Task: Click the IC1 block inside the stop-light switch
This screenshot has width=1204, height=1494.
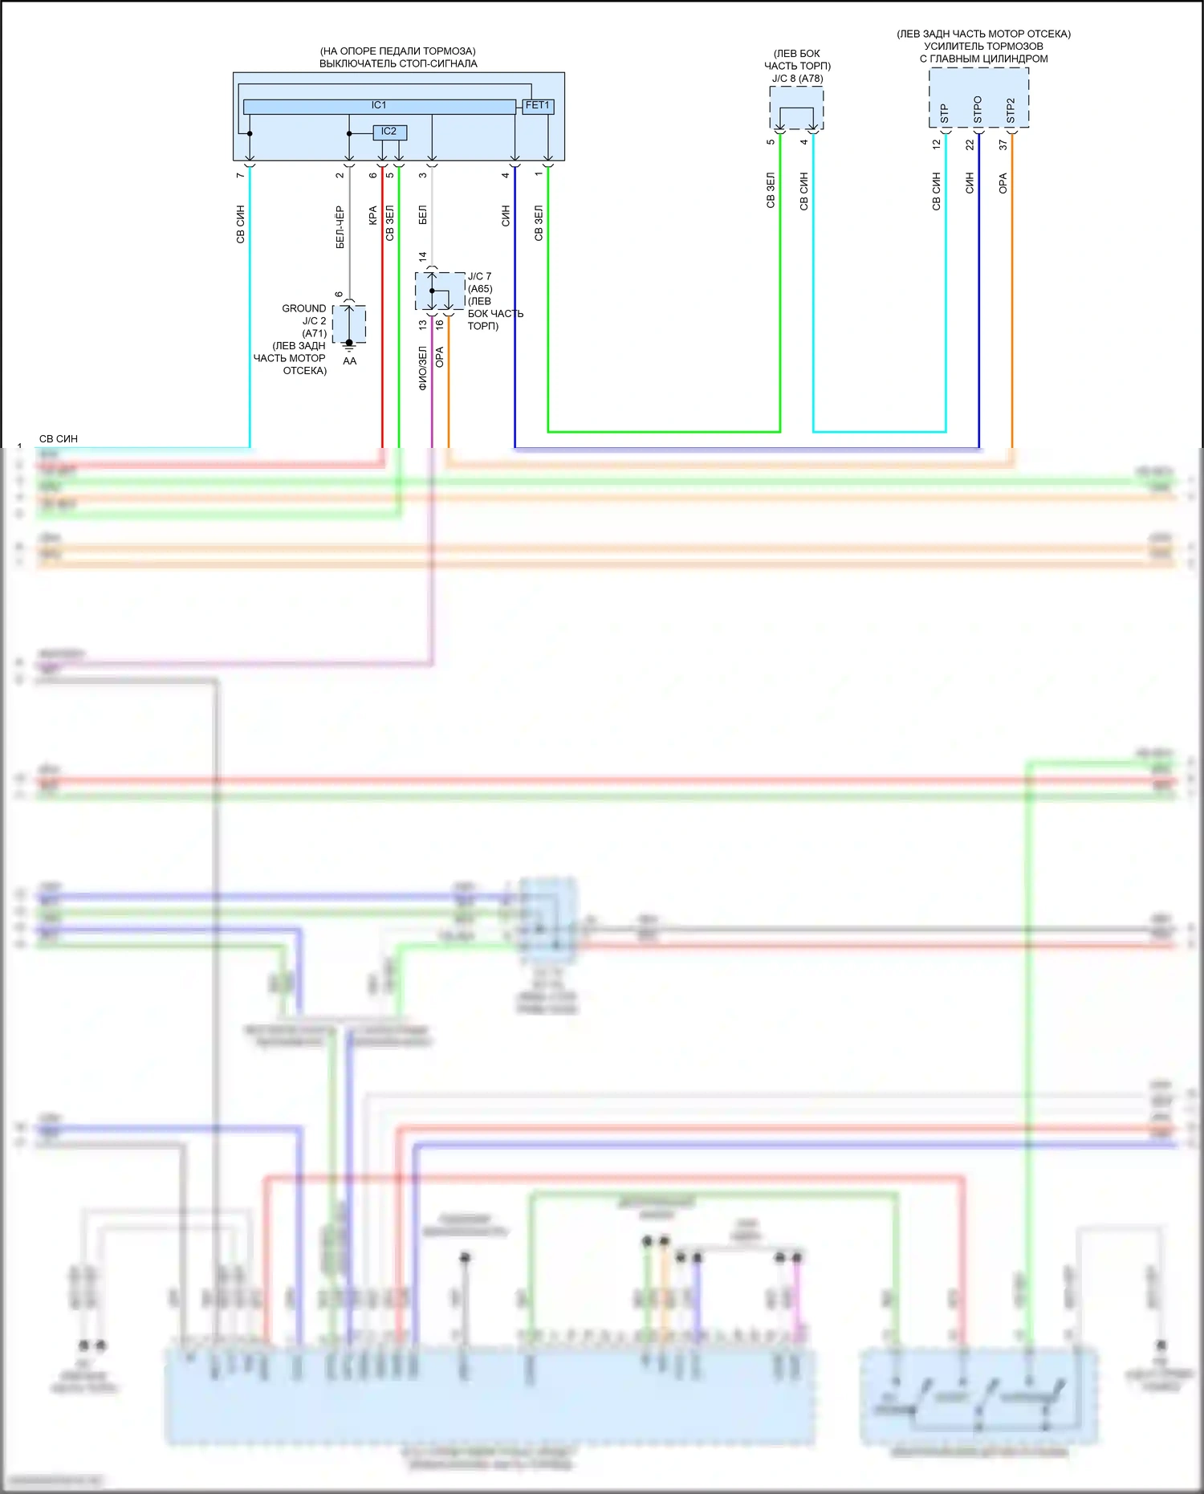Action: [379, 106]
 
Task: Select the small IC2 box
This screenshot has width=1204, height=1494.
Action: [389, 132]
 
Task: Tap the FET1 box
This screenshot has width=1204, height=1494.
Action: [538, 106]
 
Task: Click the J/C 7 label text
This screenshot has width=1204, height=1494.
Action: [479, 276]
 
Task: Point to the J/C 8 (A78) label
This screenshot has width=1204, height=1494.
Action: [797, 79]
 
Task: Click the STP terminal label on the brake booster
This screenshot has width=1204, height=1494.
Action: [945, 113]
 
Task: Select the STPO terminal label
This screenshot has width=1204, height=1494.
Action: [978, 110]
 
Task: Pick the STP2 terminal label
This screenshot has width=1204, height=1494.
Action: [1011, 111]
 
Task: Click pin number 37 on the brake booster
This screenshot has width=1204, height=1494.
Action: [1003, 145]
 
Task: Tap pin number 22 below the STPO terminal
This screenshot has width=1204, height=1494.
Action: [970, 145]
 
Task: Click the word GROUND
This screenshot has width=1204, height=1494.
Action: [304, 308]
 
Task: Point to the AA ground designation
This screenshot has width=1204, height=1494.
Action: [350, 361]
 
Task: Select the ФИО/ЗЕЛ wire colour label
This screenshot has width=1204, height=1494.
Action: [422, 368]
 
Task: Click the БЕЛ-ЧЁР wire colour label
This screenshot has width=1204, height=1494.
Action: [340, 227]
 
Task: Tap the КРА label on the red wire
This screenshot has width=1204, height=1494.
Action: [372, 215]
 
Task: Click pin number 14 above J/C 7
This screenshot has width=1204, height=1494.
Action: [423, 257]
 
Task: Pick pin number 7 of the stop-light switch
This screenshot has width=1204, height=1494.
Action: [240, 175]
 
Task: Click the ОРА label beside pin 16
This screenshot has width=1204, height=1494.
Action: [439, 357]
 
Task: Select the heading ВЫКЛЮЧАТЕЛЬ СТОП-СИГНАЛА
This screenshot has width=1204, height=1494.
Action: [398, 63]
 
